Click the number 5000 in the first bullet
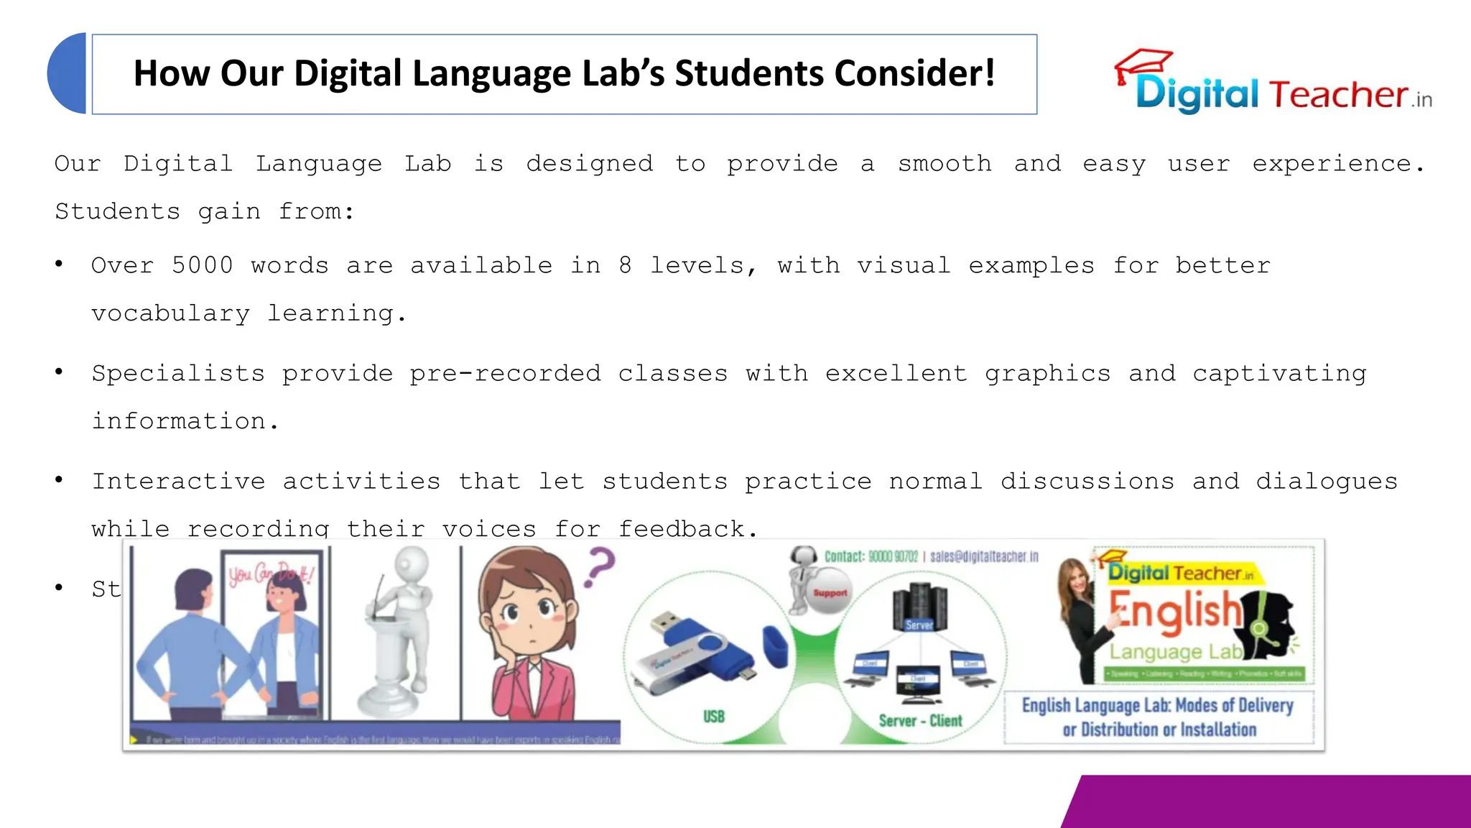pos(203,265)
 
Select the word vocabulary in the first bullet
pos(171,313)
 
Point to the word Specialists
pos(178,373)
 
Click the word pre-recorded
pos(505,373)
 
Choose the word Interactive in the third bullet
pos(178,481)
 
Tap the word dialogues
pos(1327,481)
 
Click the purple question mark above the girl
pos(600,566)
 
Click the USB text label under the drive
pos(714,717)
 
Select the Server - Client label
pos(920,720)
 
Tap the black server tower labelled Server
pos(919,608)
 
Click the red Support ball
pos(830,593)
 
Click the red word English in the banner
pos(1176,612)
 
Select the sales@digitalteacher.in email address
pos(984,556)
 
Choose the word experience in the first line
pos(1337,164)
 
